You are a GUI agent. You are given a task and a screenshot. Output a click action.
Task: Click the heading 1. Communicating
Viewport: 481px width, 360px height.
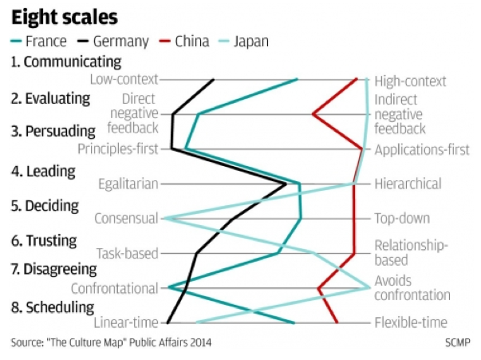[65, 61]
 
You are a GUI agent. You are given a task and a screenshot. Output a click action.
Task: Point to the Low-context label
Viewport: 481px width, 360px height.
[124, 80]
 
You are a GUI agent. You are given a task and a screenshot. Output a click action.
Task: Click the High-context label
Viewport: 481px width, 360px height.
[410, 81]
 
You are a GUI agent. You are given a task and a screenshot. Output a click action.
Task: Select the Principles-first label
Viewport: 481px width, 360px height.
[117, 148]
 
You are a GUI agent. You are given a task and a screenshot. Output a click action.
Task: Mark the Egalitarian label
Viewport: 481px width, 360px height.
[128, 184]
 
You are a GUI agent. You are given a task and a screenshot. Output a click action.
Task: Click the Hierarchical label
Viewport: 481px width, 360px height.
[408, 184]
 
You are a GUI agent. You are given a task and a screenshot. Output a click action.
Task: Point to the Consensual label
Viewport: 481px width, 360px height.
[126, 219]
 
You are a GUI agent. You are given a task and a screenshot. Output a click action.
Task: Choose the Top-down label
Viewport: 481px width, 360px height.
[402, 219]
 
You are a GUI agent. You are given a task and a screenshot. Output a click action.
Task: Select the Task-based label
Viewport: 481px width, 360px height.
[127, 254]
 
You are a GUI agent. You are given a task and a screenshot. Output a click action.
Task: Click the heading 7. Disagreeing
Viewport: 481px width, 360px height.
[58, 270]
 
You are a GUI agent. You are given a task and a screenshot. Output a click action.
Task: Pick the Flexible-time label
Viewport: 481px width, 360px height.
[411, 323]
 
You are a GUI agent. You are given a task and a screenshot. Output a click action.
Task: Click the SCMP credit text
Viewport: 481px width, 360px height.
[458, 343]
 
